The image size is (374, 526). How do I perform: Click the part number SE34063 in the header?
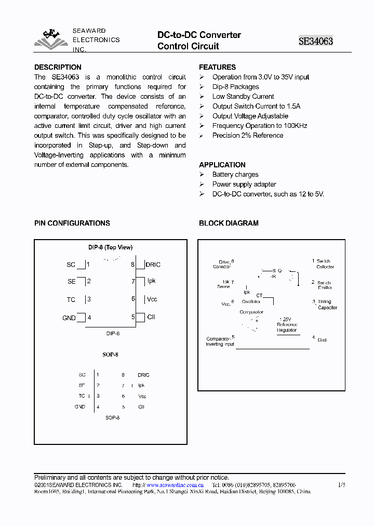point(315,41)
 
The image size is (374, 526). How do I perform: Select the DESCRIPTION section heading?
point(58,67)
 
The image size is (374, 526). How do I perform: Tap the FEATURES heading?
point(217,67)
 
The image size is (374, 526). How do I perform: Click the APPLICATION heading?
point(222,165)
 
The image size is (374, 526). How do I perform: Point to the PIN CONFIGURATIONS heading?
point(72,223)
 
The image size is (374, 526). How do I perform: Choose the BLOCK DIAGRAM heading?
point(229,223)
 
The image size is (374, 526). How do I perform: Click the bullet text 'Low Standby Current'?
point(243,97)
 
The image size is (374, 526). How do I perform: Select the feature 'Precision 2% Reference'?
point(248,136)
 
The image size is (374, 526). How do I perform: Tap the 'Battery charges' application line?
point(235,175)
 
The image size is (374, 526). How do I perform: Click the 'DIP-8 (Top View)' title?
point(110,247)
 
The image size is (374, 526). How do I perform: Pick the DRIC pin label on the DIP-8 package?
point(153,265)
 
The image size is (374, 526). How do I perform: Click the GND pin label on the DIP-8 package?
point(69,318)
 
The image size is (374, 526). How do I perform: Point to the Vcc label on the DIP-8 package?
point(152,299)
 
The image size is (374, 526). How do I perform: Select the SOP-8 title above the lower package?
point(110,354)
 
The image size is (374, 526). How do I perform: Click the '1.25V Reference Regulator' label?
point(286,325)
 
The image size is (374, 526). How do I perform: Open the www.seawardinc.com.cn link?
point(175,485)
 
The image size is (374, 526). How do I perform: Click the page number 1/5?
point(341,485)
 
